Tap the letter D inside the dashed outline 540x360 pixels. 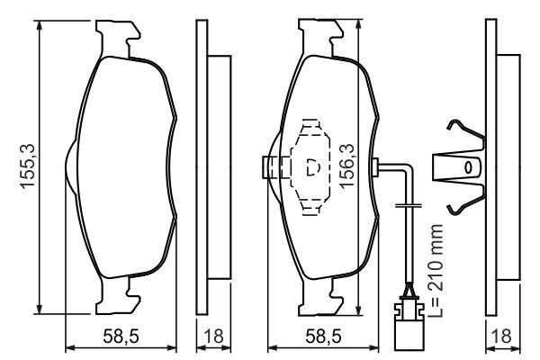coord(313,168)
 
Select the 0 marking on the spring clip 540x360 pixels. coord(467,168)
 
